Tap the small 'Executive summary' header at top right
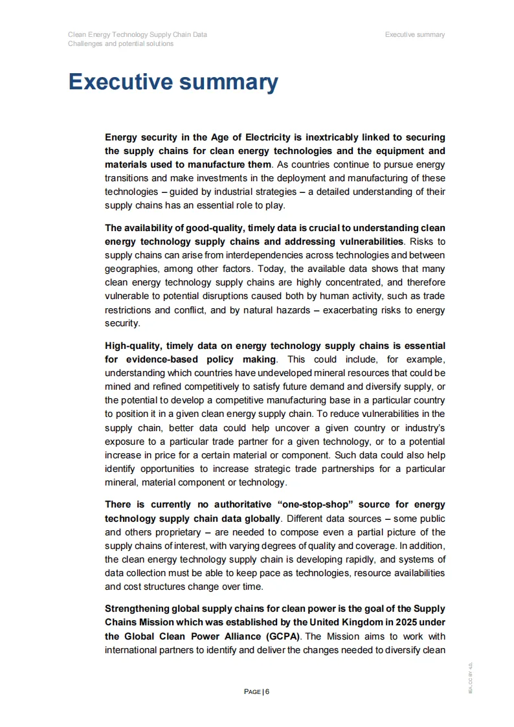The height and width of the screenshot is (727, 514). (414, 34)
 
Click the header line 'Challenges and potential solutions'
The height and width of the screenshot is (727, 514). (120, 44)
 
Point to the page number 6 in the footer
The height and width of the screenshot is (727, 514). (267, 691)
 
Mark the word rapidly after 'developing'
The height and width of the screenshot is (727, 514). (362, 559)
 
